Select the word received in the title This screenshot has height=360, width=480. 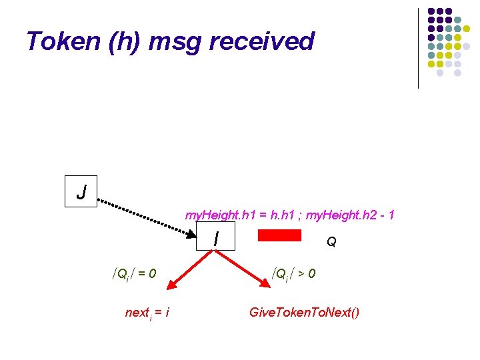tap(261, 41)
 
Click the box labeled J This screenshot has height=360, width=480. tap(81, 192)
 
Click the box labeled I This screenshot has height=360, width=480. tap(216, 237)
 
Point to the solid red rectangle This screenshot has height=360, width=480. tap(279, 235)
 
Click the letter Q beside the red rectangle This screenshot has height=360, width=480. tap(331, 242)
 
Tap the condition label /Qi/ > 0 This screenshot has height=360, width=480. tap(293, 273)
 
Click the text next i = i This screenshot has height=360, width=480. tap(147, 312)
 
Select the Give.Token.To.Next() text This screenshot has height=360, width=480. tap(304, 312)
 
